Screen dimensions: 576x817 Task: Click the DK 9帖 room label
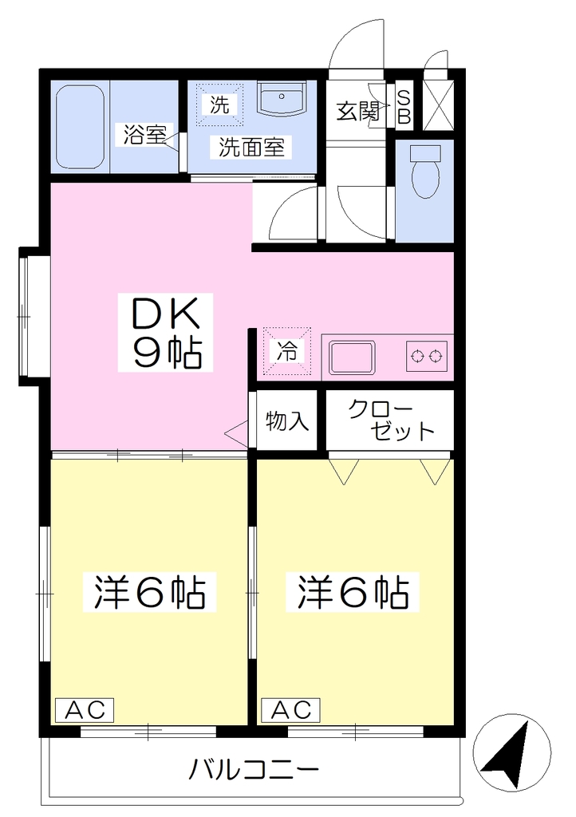coord(166,333)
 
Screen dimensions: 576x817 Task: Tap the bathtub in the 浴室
coord(81,127)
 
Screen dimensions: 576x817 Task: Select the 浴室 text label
coord(144,136)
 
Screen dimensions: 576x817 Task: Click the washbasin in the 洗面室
coord(282,100)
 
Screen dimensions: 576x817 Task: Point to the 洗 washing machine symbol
coord(219,104)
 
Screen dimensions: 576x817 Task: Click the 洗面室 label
coord(251,148)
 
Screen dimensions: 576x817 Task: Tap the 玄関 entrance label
coord(357,111)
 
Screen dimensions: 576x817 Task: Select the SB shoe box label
coord(404,107)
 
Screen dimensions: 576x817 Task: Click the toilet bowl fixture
coord(425,172)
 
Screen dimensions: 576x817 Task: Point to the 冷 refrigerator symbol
coord(286,352)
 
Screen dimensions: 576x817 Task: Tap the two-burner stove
coord(427,357)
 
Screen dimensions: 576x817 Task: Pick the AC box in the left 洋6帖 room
coord(85,709)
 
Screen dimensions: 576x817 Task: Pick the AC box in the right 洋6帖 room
coord(290,709)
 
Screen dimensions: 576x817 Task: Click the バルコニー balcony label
coord(254,769)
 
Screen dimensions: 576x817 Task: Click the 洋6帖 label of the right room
coord(353,592)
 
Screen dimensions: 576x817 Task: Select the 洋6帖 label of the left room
coord(149,592)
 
